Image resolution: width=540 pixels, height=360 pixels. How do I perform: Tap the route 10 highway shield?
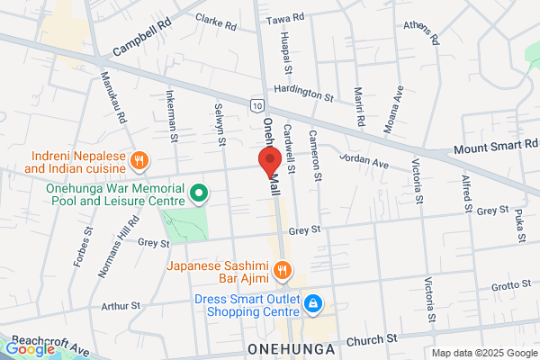[x=257, y=105]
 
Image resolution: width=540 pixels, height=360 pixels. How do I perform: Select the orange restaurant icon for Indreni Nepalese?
[x=139, y=161]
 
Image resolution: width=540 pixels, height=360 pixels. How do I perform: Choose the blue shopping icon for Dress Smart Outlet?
[x=312, y=304]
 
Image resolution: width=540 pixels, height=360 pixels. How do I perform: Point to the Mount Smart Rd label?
[x=495, y=145]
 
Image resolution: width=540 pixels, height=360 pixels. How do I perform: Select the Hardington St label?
[x=304, y=91]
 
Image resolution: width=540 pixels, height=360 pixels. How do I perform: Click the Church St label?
[x=372, y=339]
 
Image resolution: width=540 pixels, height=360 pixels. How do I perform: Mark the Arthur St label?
[x=121, y=306]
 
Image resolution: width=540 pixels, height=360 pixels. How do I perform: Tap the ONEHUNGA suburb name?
[x=290, y=347]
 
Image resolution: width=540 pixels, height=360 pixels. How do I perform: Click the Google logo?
[x=30, y=349]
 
